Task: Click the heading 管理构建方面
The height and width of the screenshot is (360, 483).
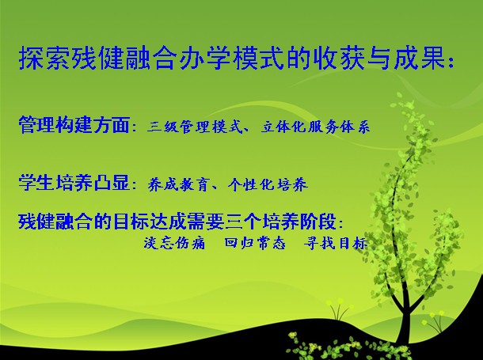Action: click(x=74, y=125)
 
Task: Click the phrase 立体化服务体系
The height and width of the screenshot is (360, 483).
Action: click(x=315, y=127)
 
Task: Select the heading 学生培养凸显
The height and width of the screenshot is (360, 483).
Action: click(x=74, y=183)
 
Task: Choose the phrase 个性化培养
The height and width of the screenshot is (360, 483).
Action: click(x=268, y=185)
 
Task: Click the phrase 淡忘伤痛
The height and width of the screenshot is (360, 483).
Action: click(x=174, y=243)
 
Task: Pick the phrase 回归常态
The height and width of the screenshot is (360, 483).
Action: click(x=255, y=243)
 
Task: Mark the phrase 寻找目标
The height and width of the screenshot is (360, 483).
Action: click(x=336, y=243)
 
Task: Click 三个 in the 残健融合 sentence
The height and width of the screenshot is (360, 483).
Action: click(x=244, y=222)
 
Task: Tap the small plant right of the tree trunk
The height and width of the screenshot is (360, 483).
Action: click(x=435, y=321)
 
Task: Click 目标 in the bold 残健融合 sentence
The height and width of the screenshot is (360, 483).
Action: click(x=131, y=222)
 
